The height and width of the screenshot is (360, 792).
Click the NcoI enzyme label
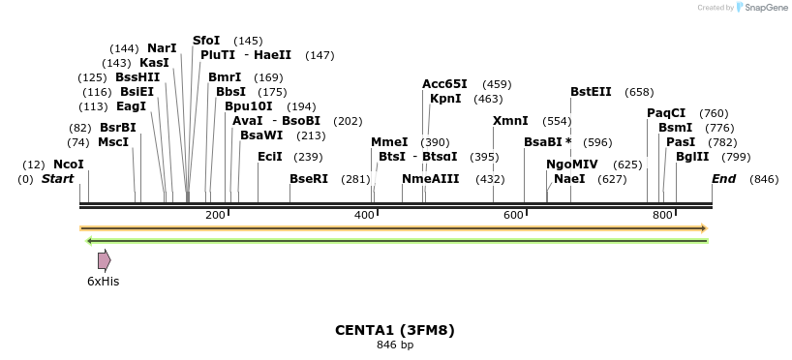coord(69,165)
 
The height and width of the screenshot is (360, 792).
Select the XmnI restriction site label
coord(510,121)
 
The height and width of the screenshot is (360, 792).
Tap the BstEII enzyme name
coord(591,92)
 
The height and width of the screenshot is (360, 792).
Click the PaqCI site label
coord(666,113)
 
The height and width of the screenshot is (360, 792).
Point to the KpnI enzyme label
coord(445,99)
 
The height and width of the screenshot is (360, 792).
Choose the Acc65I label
coord(444,84)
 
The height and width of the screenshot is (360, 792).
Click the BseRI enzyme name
coord(309,179)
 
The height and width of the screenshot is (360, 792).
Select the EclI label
coord(270,157)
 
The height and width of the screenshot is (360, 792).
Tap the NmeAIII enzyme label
coord(431,179)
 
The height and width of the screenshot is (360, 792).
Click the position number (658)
coord(639,92)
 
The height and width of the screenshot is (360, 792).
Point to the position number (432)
coord(490,179)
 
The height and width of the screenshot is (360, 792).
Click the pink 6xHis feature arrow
coord(104,260)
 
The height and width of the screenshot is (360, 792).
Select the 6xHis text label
coord(103,282)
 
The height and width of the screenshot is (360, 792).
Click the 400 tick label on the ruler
coord(364,215)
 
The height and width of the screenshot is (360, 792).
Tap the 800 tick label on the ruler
coord(662,215)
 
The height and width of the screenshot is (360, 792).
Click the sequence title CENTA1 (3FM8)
coord(395,330)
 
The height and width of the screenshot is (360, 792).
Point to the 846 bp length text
coord(395,345)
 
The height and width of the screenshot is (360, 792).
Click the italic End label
coord(723,179)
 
